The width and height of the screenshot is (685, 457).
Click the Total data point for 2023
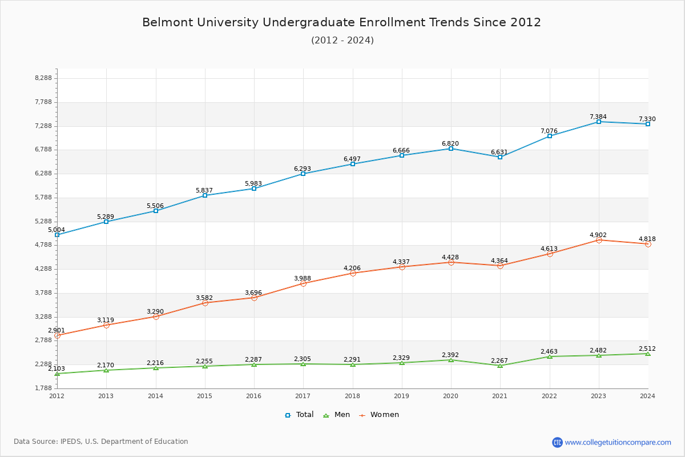click(x=599, y=122)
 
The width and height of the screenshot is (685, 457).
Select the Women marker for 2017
click(x=303, y=283)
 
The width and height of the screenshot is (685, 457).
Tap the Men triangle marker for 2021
click(x=500, y=366)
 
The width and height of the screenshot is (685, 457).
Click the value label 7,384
click(x=598, y=117)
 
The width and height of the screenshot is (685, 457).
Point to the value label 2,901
click(x=57, y=330)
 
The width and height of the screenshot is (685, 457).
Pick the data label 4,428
click(x=450, y=257)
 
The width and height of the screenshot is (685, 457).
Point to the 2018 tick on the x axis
click(x=352, y=395)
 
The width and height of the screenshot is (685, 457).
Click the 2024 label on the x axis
click(x=647, y=395)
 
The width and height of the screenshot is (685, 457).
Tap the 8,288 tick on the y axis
click(x=43, y=78)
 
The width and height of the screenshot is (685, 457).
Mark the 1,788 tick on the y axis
click(x=43, y=388)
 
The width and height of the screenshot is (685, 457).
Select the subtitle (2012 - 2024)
click(x=342, y=40)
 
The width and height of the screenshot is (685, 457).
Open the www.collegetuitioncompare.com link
click(x=618, y=442)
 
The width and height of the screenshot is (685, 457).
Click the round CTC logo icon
click(x=557, y=442)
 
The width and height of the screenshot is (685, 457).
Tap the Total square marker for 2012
click(x=57, y=235)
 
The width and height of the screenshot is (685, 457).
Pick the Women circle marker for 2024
click(x=648, y=244)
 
